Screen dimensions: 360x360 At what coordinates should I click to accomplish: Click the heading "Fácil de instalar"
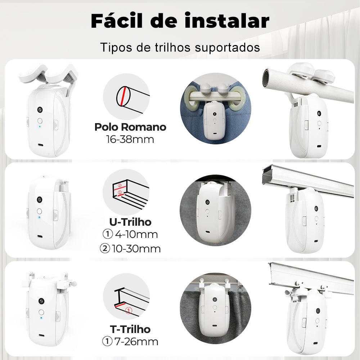[180, 21]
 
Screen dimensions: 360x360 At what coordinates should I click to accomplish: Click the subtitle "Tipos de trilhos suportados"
[180, 48]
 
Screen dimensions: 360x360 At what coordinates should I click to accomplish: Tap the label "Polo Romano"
[130, 127]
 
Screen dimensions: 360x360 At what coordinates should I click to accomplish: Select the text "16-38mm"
[130, 139]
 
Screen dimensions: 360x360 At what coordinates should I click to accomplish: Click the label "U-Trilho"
[130, 222]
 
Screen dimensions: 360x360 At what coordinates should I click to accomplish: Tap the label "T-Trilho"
[130, 329]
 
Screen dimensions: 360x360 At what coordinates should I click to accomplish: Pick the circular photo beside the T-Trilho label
[214, 306]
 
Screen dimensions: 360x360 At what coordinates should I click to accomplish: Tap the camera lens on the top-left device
[40, 109]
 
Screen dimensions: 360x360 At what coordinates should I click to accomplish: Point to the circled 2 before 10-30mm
[105, 248]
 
